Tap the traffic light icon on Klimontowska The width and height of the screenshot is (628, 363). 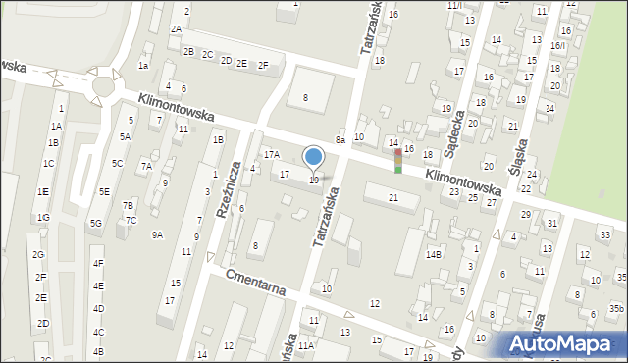tap(397, 161)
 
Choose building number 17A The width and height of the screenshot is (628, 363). tap(271, 154)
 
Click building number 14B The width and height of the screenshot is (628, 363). tap(434, 255)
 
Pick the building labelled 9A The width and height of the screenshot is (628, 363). tap(157, 234)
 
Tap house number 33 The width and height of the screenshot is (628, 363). tap(605, 235)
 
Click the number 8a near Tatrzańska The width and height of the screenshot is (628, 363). tap(340, 141)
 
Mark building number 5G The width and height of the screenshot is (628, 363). tap(95, 223)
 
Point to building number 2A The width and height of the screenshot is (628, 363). tap(176, 29)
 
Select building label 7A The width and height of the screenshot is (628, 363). tap(145, 166)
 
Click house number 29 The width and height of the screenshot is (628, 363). tap(525, 214)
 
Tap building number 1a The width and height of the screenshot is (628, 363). tap(143, 66)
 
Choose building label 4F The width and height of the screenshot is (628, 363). tap(97, 264)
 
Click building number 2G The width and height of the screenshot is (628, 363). tap(38, 255)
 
